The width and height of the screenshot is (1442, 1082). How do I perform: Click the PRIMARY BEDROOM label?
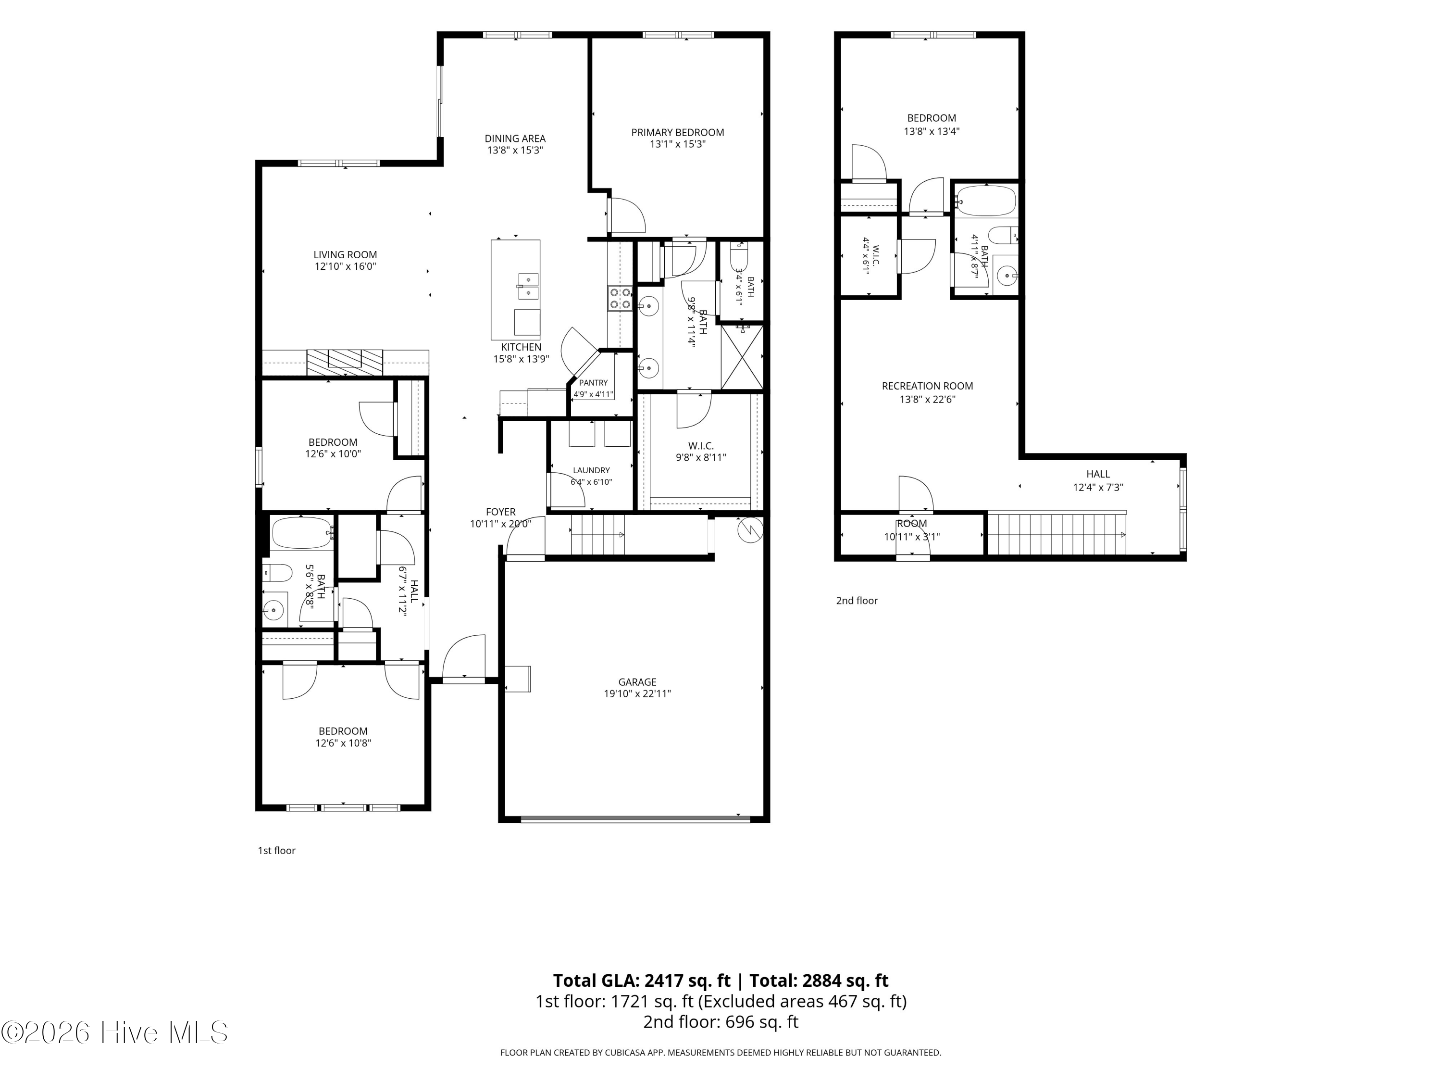coord(677,132)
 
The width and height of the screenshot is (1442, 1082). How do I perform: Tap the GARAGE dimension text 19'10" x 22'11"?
coord(637,694)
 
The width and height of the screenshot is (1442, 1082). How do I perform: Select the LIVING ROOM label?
coord(345,255)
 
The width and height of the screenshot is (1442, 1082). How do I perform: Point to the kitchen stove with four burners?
coord(619,299)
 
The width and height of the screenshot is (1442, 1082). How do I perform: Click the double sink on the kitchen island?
coord(528,286)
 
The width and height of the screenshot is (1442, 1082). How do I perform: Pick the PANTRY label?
coord(593,383)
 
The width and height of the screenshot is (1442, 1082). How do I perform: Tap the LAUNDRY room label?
coord(591,470)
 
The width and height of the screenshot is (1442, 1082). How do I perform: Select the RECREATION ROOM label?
coord(927,386)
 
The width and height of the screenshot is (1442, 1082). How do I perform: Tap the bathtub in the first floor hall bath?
coord(302,533)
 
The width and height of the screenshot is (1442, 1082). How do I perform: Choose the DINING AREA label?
coord(515,138)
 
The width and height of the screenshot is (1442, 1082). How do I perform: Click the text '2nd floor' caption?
coord(857,601)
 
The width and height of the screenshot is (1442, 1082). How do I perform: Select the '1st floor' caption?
coord(276,851)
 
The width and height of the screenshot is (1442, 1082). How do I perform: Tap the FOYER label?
coord(501,512)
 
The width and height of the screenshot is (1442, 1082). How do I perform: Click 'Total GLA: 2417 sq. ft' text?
coord(642,980)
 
